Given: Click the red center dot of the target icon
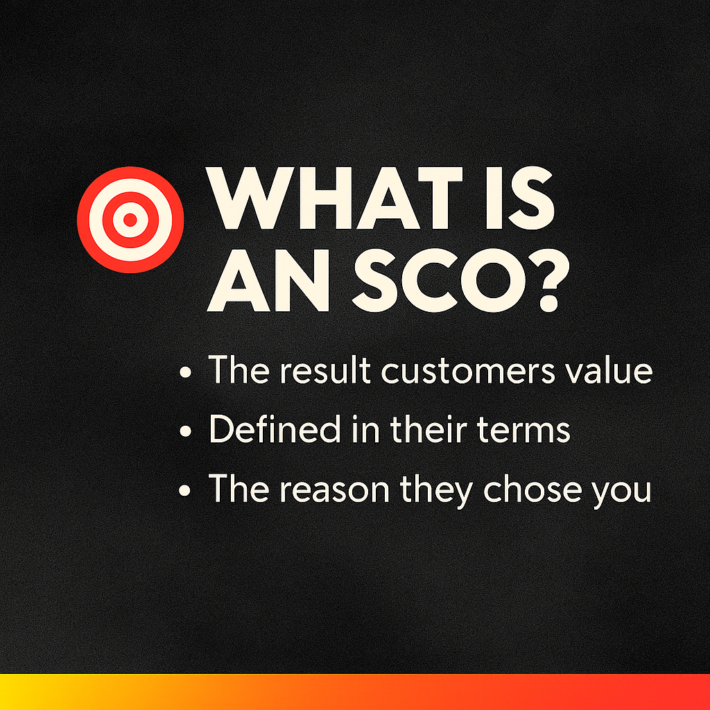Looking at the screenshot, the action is (x=130, y=220).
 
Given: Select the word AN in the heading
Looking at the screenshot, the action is (x=268, y=281).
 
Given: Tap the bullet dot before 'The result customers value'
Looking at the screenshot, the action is (x=185, y=372).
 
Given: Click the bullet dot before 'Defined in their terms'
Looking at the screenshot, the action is (x=185, y=431).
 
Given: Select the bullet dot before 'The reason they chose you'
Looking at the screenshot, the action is (x=185, y=490).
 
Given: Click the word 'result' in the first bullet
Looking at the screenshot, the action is (x=325, y=370).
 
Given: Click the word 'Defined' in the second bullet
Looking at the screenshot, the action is (x=275, y=428).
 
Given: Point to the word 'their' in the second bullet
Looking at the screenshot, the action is (x=428, y=428).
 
